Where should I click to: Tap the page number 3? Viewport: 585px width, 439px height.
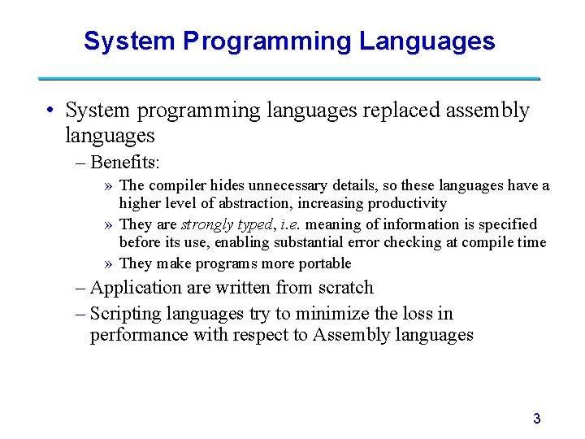[536, 419]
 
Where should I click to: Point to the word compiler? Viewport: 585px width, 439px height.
[177, 185]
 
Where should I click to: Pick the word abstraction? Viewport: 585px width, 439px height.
[273, 203]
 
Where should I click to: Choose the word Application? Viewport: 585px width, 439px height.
[136, 288]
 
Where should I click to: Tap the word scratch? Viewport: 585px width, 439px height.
[344, 288]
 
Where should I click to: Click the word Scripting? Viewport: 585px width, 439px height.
[126, 314]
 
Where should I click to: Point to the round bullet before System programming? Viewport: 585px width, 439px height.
[50, 111]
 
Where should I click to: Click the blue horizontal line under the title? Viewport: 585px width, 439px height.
[289, 78]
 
